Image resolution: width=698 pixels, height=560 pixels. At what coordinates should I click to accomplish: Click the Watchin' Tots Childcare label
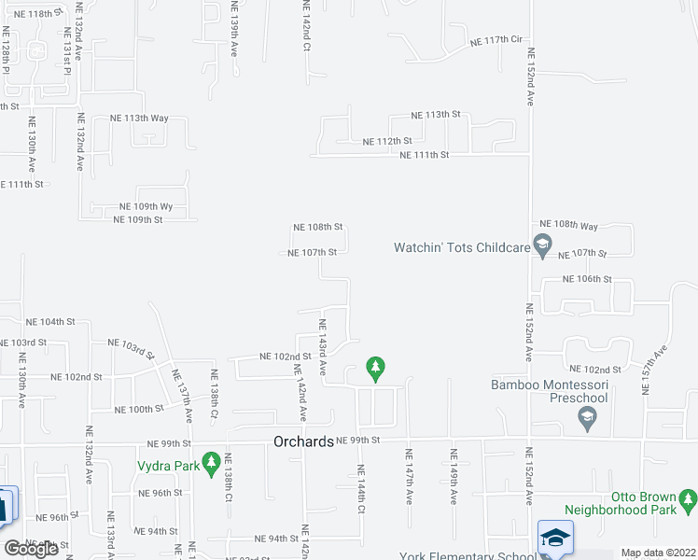(462, 247)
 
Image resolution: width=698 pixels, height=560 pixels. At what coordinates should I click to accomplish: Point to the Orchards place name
(303, 441)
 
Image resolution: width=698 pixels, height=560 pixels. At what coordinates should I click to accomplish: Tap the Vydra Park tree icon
(213, 462)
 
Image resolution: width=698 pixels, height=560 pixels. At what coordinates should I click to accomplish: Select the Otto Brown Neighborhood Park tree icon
(689, 501)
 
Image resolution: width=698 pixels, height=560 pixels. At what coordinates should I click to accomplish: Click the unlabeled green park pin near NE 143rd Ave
(375, 369)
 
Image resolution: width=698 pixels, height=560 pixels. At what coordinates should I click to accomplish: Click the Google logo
(31, 549)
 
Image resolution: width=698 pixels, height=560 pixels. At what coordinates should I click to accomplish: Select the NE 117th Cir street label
(495, 41)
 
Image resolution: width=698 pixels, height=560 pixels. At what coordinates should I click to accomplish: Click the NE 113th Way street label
(139, 119)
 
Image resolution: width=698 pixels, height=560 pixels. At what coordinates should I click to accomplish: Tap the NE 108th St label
(318, 227)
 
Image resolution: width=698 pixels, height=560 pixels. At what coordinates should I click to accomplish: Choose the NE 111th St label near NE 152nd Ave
(425, 155)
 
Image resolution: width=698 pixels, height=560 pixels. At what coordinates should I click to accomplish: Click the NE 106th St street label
(587, 279)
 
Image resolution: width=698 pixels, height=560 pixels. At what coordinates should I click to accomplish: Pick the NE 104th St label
(50, 321)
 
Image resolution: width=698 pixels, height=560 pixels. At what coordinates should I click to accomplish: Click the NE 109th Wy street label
(147, 206)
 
